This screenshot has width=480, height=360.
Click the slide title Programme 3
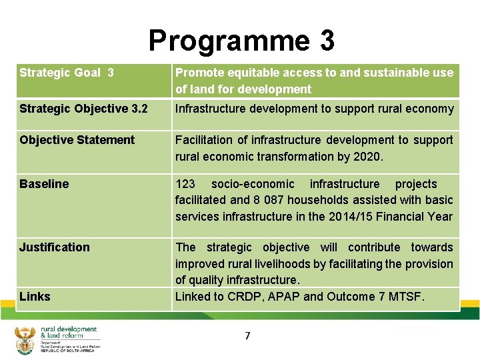coord(241,40)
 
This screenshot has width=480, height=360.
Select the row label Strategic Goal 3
coord(67,73)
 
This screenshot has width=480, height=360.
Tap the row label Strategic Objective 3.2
coord(83,109)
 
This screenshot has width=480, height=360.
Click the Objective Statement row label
coord(77,140)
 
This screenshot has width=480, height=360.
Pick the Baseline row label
coord(44,184)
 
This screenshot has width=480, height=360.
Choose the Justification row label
coord(54,247)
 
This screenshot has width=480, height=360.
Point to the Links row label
coord(35,297)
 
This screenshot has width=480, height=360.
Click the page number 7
coord(247,336)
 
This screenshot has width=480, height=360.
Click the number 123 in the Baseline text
coord(185,184)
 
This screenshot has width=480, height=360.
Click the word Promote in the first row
coord(198,73)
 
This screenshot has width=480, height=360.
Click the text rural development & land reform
coord(69,332)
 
